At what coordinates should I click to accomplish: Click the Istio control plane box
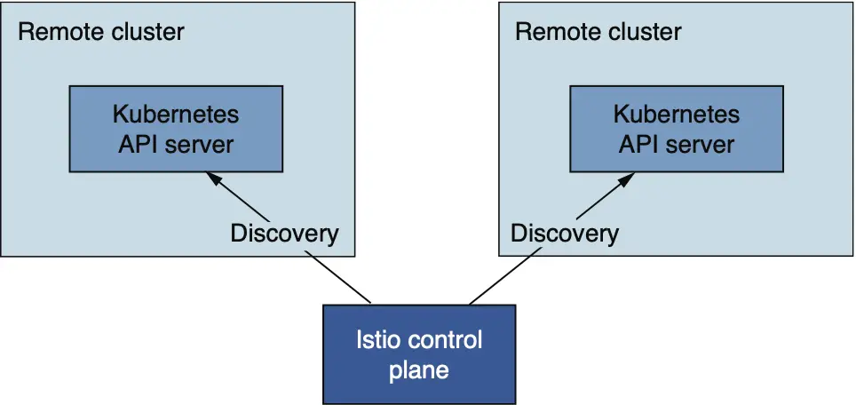point(419,354)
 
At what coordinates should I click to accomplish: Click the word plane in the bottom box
point(419,370)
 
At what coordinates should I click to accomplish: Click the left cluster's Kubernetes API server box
point(176,129)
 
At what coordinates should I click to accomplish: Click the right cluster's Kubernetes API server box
point(677,129)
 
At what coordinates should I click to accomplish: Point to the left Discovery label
point(284,234)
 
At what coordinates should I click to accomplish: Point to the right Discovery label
point(565,234)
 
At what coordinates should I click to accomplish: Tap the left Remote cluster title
point(101,32)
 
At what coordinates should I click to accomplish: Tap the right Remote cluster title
point(598,32)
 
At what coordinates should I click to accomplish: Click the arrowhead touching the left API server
point(213,179)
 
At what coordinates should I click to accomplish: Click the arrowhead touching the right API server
point(627,179)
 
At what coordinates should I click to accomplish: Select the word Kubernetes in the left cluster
point(176,115)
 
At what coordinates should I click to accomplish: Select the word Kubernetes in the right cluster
point(677,115)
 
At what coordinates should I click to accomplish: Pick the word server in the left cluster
point(200,145)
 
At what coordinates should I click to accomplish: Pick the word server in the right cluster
point(701,145)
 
